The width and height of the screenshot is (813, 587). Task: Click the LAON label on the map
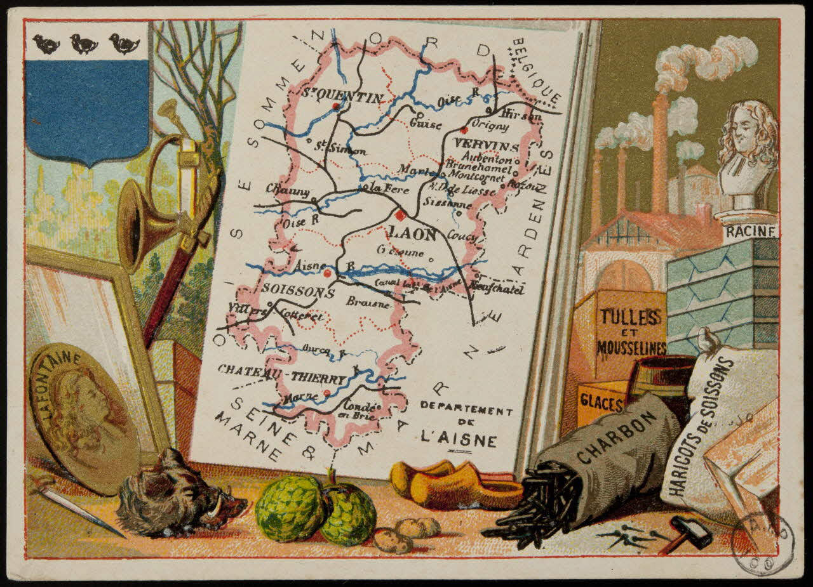click(x=413, y=234)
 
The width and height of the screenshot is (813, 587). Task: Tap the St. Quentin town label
click(x=342, y=98)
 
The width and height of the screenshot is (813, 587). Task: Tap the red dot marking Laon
click(x=398, y=214)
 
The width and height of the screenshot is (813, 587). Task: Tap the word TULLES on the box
click(x=630, y=315)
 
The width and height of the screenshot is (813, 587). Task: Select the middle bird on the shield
click(x=84, y=44)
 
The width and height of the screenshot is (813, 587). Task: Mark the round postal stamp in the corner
click(x=762, y=543)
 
